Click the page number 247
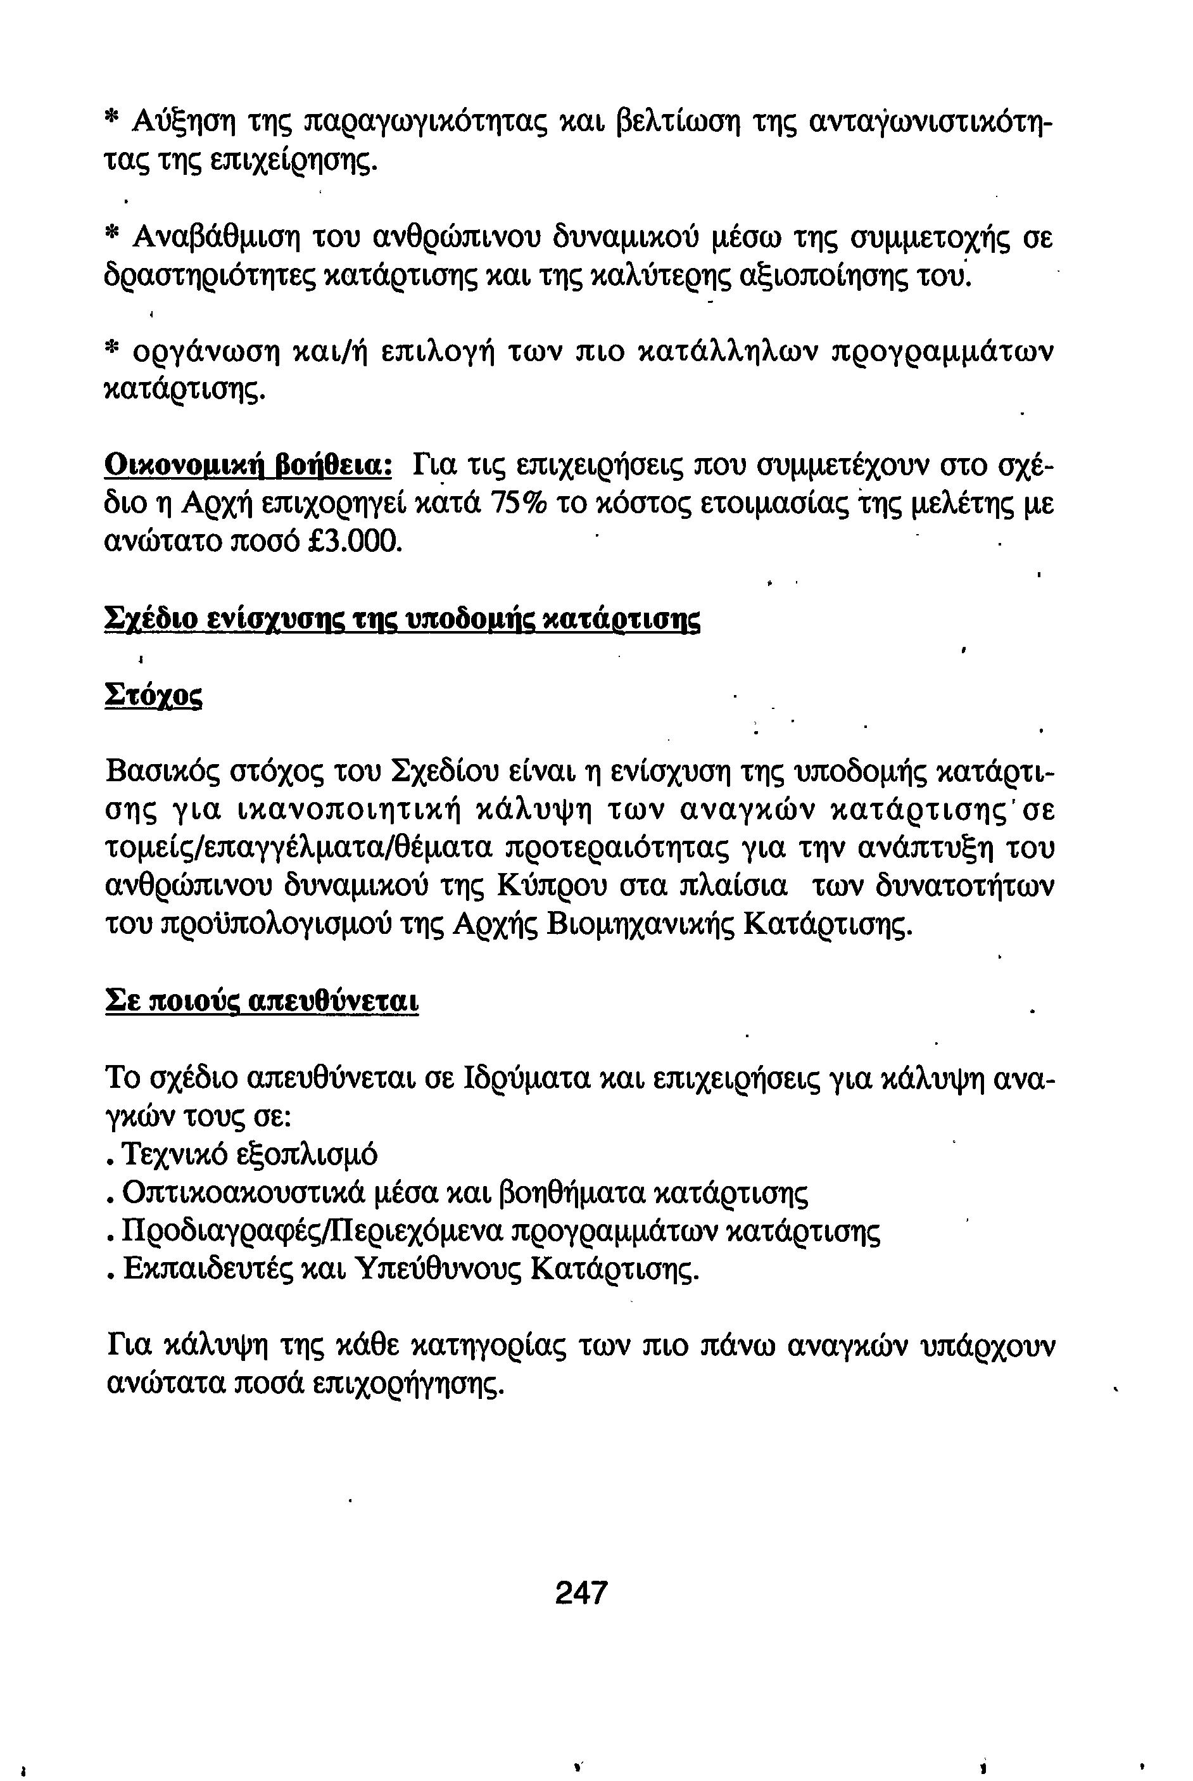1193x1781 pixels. point(581,1593)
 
